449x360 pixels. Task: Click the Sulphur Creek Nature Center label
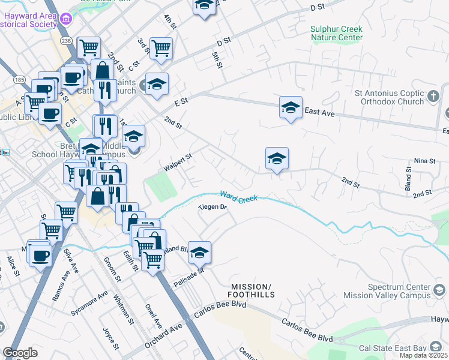tap(337, 33)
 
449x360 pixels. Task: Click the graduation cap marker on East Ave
tap(291, 108)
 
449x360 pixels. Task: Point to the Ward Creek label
tap(238, 196)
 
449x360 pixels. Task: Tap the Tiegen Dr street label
tap(213, 208)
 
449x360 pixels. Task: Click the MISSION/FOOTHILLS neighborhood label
tap(252, 290)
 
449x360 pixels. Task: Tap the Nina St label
tap(424, 161)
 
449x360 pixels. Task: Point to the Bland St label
tap(408, 179)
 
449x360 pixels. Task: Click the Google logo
tap(20, 353)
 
